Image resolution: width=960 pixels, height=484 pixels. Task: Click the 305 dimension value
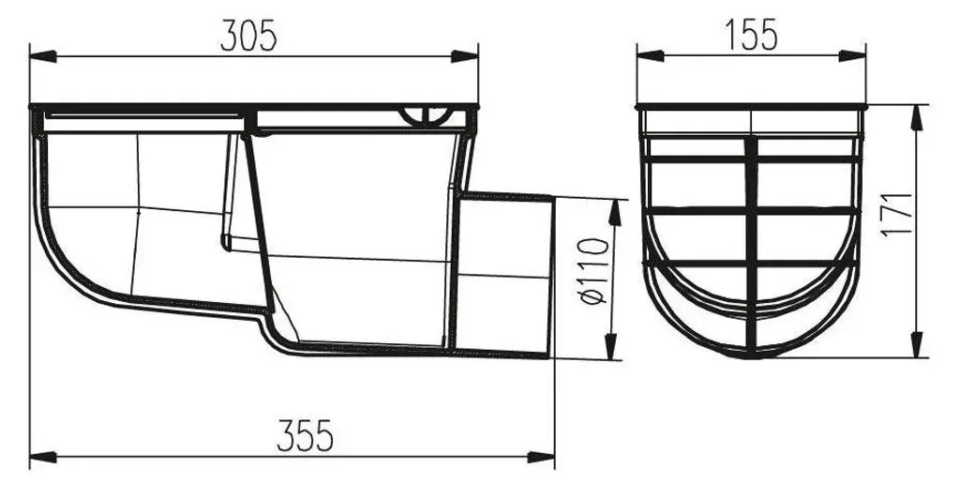248,36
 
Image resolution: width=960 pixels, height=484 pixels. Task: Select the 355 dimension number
305,435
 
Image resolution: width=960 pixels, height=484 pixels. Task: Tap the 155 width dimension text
751,35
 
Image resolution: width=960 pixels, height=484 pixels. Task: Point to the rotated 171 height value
897,215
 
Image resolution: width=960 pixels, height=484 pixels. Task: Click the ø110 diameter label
593,271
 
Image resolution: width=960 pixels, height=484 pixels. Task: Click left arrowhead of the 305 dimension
43,56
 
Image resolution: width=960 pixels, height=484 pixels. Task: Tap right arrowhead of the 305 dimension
465,56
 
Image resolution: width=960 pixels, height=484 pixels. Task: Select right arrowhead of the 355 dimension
541,457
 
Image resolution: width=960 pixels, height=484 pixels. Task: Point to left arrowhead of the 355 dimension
43,457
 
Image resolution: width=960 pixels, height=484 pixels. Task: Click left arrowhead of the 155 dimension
651,55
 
